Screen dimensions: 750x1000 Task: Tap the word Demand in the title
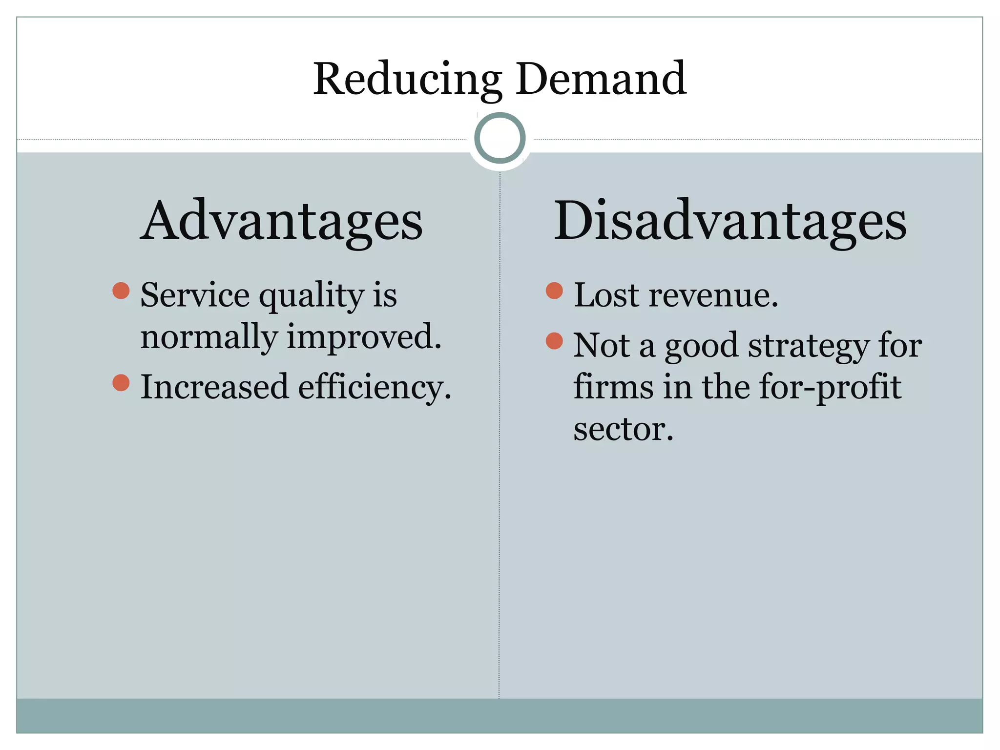pyautogui.click(x=601, y=79)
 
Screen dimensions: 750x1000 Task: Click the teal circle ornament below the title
pyautogui.click(x=500, y=138)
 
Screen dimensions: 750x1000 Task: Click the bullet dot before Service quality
pyautogui.click(x=121, y=291)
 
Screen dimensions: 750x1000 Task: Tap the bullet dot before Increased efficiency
pyautogui.click(x=121, y=382)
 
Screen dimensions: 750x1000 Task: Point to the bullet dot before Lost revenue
pyautogui.click(x=554, y=291)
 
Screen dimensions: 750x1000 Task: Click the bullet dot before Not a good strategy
pyautogui.click(x=554, y=340)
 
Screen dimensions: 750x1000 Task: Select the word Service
pyautogui.click(x=195, y=295)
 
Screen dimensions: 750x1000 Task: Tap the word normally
pyautogui.click(x=209, y=338)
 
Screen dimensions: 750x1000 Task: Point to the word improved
pyautogui.click(x=364, y=338)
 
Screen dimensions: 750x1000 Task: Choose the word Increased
pyautogui.click(x=214, y=387)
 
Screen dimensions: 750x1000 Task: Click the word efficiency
pyautogui.click(x=375, y=388)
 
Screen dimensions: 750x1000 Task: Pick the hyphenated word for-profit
pyautogui.click(x=830, y=388)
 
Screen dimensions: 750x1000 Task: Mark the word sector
pyautogui.click(x=623, y=430)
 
